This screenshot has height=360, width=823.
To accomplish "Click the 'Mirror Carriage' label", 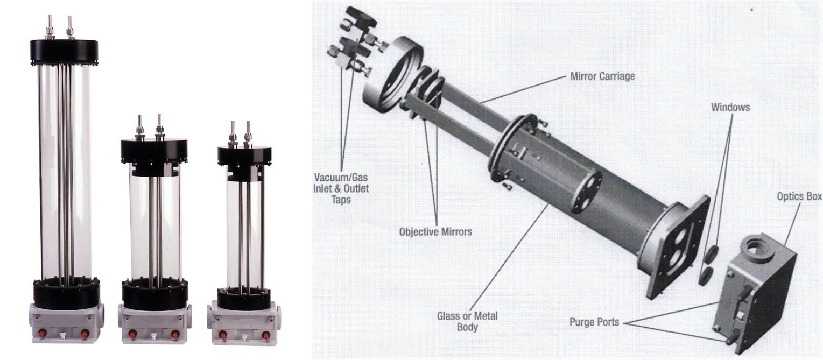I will coord(602,76).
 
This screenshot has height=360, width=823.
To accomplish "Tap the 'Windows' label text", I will coord(730,107).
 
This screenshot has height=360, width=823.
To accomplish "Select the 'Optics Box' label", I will coord(799,196).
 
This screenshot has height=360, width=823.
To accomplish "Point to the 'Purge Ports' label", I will coord(594,322).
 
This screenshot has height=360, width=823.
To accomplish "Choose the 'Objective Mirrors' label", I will coord(435,232).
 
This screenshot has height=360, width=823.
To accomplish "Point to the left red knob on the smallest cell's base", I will coord(221,334).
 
